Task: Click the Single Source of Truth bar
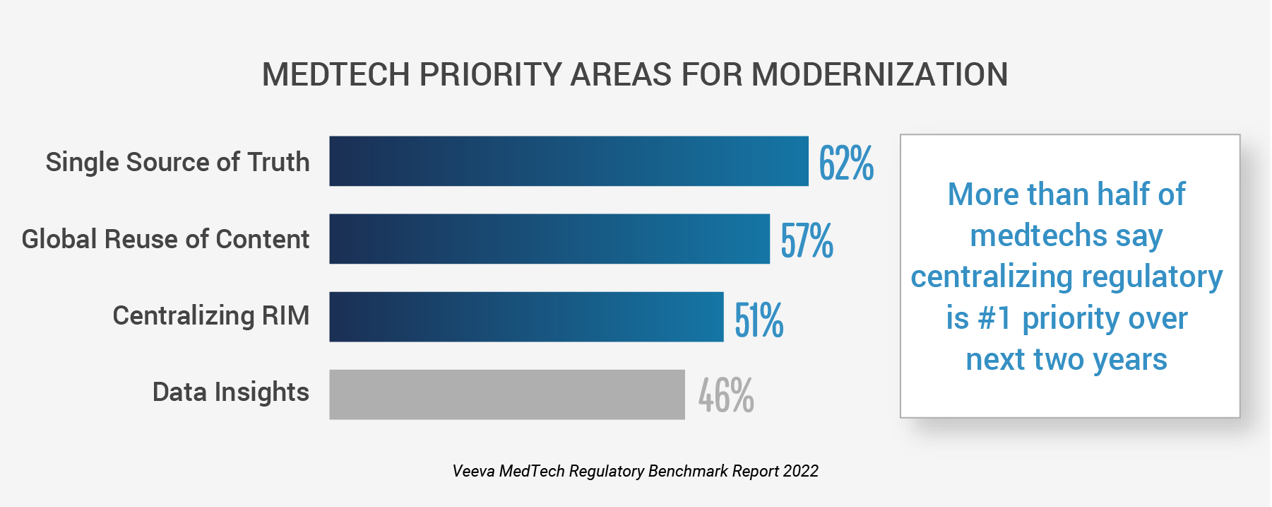[569, 161]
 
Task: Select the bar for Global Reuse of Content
[549, 239]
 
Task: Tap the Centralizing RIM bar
[526, 317]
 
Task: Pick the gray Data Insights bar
[507, 395]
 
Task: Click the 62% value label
[846, 163]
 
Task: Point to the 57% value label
[807, 240]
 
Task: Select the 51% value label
[759, 320]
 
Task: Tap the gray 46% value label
[726, 395]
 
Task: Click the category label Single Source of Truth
[177, 162]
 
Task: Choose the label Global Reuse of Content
[165, 239]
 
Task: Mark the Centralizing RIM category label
[210, 315]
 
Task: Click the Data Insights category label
[230, 392]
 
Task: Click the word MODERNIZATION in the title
[879, 74]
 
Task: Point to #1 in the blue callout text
[994, 318]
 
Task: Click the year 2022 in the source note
[800, 471]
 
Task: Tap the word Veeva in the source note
[473, 471]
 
